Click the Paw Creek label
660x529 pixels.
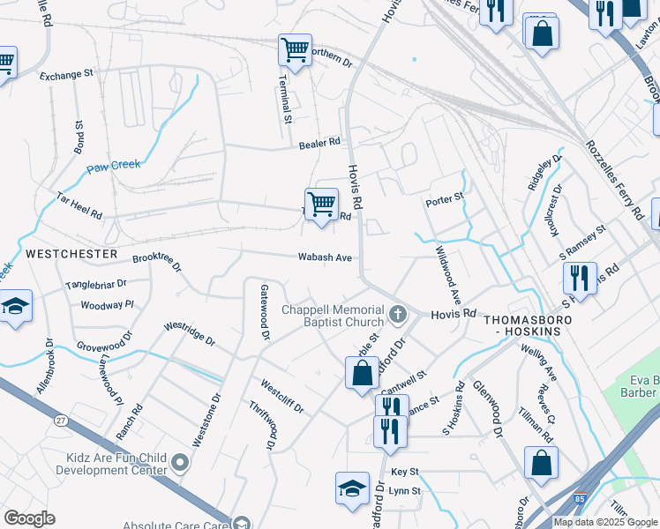pos(113,165)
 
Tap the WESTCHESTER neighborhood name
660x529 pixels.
pos(71,254)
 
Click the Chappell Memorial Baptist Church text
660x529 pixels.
pos(333,316)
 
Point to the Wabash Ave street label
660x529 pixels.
pos(325,258)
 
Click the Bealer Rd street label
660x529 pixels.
pos(319,143)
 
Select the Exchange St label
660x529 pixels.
pos(66,76)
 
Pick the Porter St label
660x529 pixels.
pos(444,199)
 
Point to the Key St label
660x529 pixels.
pos(405,473)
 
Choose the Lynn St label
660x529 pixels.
pos(405,491)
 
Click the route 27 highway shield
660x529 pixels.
pos(60,421)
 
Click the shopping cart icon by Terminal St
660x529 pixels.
pos(295,51)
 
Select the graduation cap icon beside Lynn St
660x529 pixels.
pos(351,488)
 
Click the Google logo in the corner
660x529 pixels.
pos(29,518)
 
